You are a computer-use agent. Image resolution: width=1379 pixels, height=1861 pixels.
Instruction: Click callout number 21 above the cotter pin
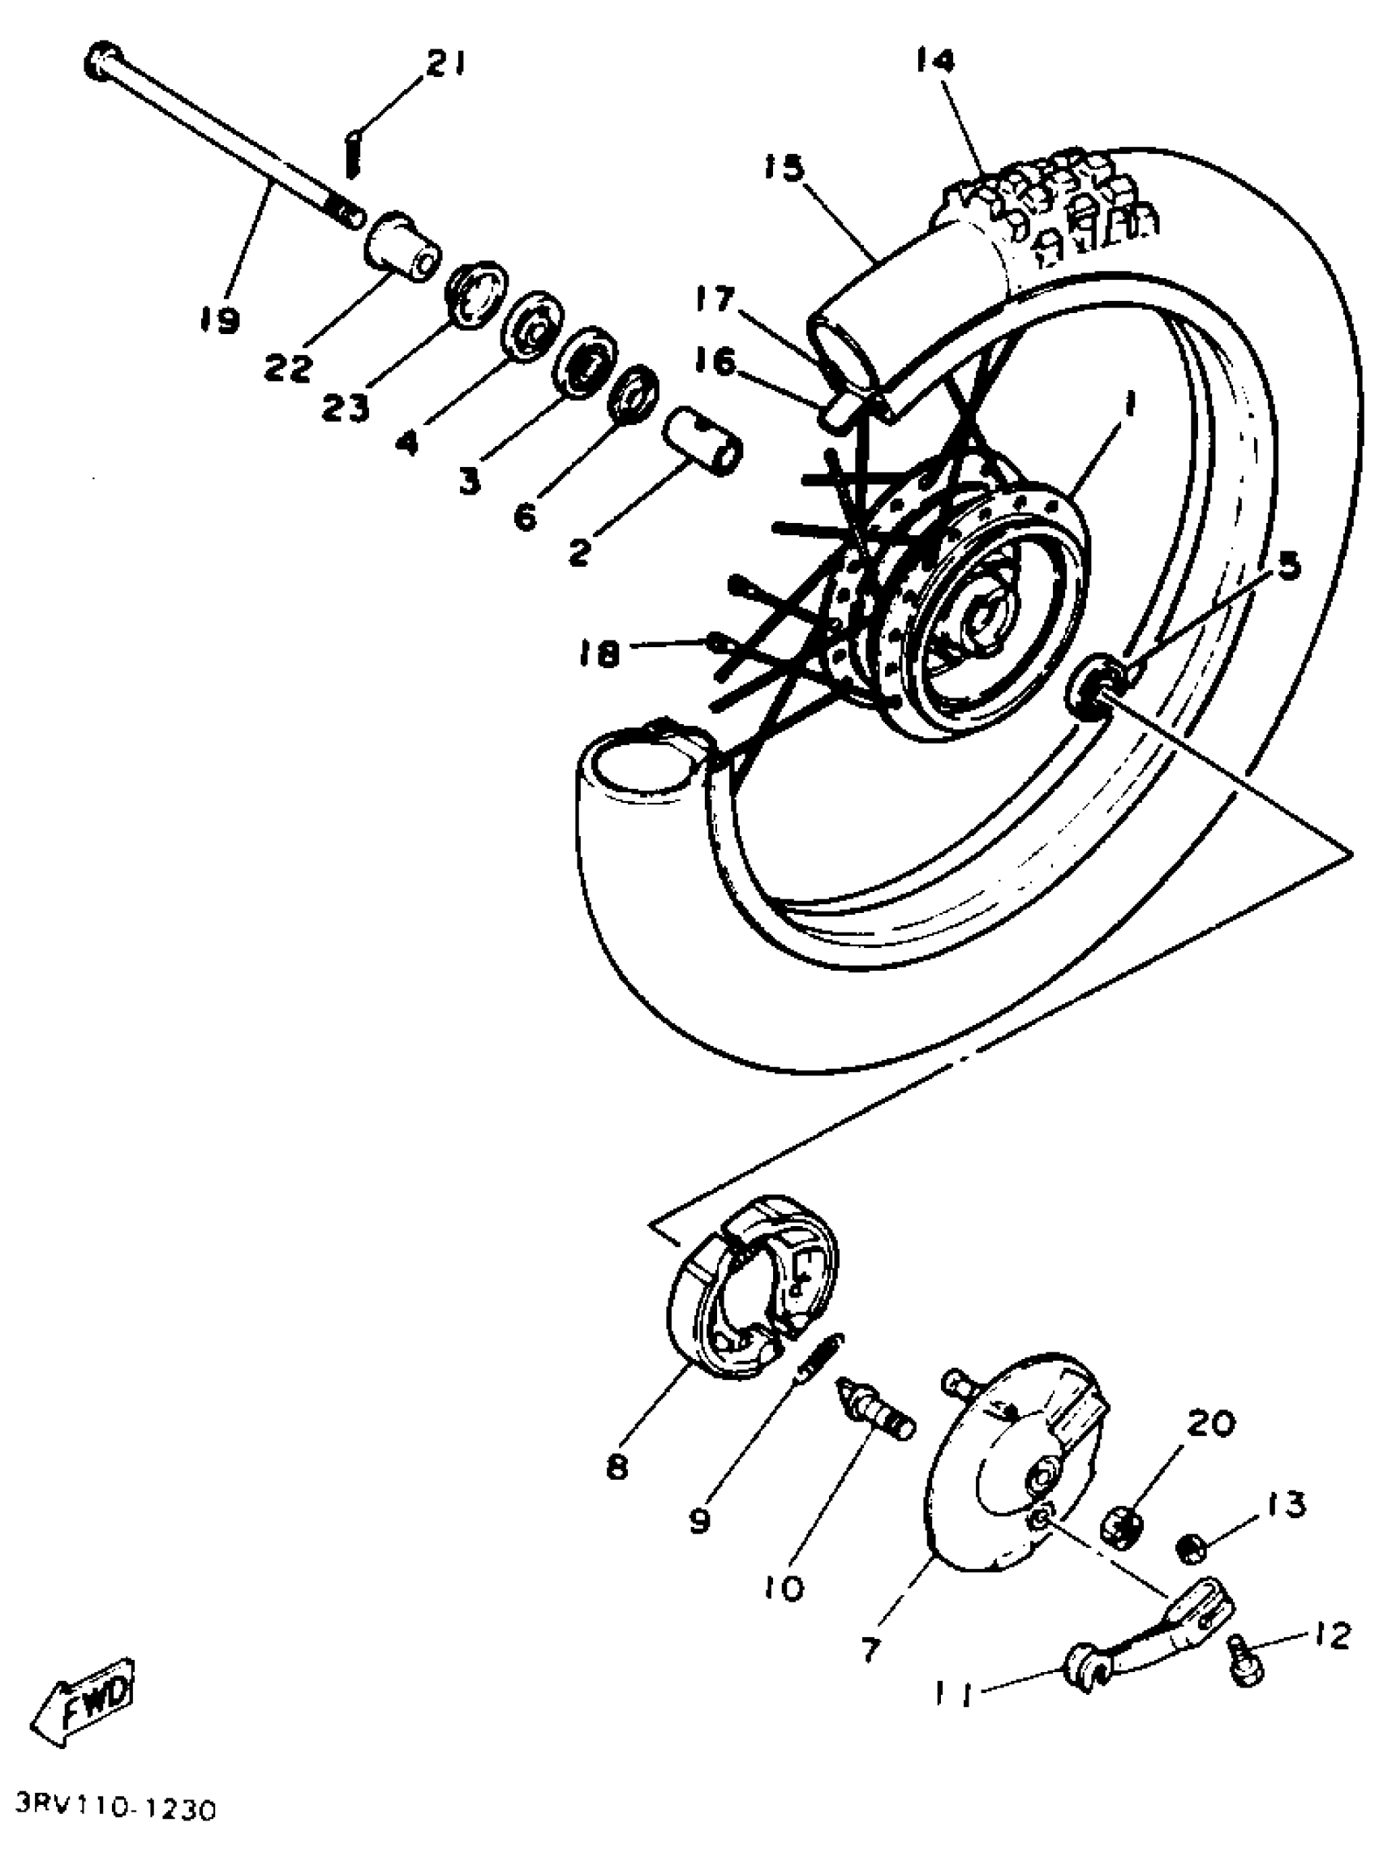446,64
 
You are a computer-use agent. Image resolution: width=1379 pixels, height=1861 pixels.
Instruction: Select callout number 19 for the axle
220,319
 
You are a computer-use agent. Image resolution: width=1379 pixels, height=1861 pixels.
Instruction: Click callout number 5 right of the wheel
1288,567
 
